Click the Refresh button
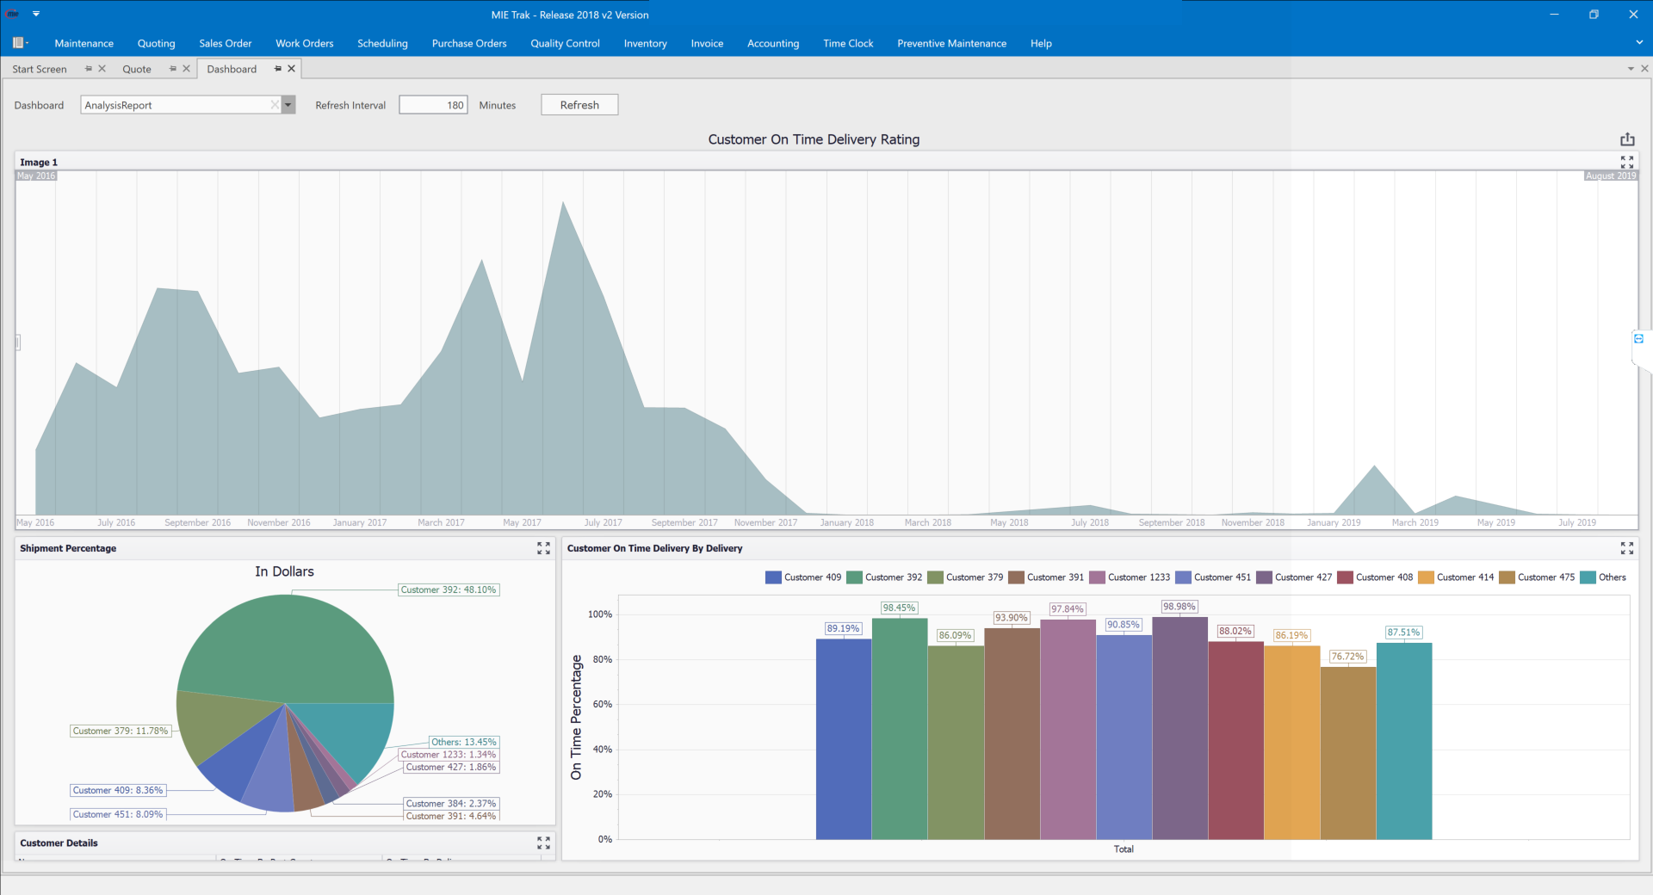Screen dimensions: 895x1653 pyautogui.click(x=579, y=105)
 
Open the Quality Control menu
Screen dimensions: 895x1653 pyautogui.click(x=565, y=43)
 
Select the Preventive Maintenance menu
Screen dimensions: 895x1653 pyautogui.click(x=951, y=43)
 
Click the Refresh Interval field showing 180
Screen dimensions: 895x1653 pyautogui.click(x=433, y=105)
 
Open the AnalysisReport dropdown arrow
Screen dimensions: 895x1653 pyautogui.click(x=288, y=105)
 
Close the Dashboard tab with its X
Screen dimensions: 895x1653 pyautogui.click(x=292, y=69)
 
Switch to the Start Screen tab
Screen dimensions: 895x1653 pyautogui.click(x=40, y=69)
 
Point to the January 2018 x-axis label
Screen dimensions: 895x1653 pyautogui.click(x=846, y=522)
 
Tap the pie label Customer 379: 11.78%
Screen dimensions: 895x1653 pyautogui.click(x=121, y=731)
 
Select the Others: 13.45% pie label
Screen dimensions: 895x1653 pyautogui.click(x=463, y=742)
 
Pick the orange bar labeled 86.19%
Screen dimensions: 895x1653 pyautogui.click(x=1291, y=740)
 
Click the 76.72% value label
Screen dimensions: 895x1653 pyautogui.click(x=1347, y=657)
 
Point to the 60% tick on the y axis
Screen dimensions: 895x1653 pyautogui.click(x=603, y=704)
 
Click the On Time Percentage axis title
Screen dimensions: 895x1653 pyautogui.click(x=576, y=717)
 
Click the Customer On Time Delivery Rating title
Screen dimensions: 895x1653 pyautogui.click(x=814, y=139)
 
